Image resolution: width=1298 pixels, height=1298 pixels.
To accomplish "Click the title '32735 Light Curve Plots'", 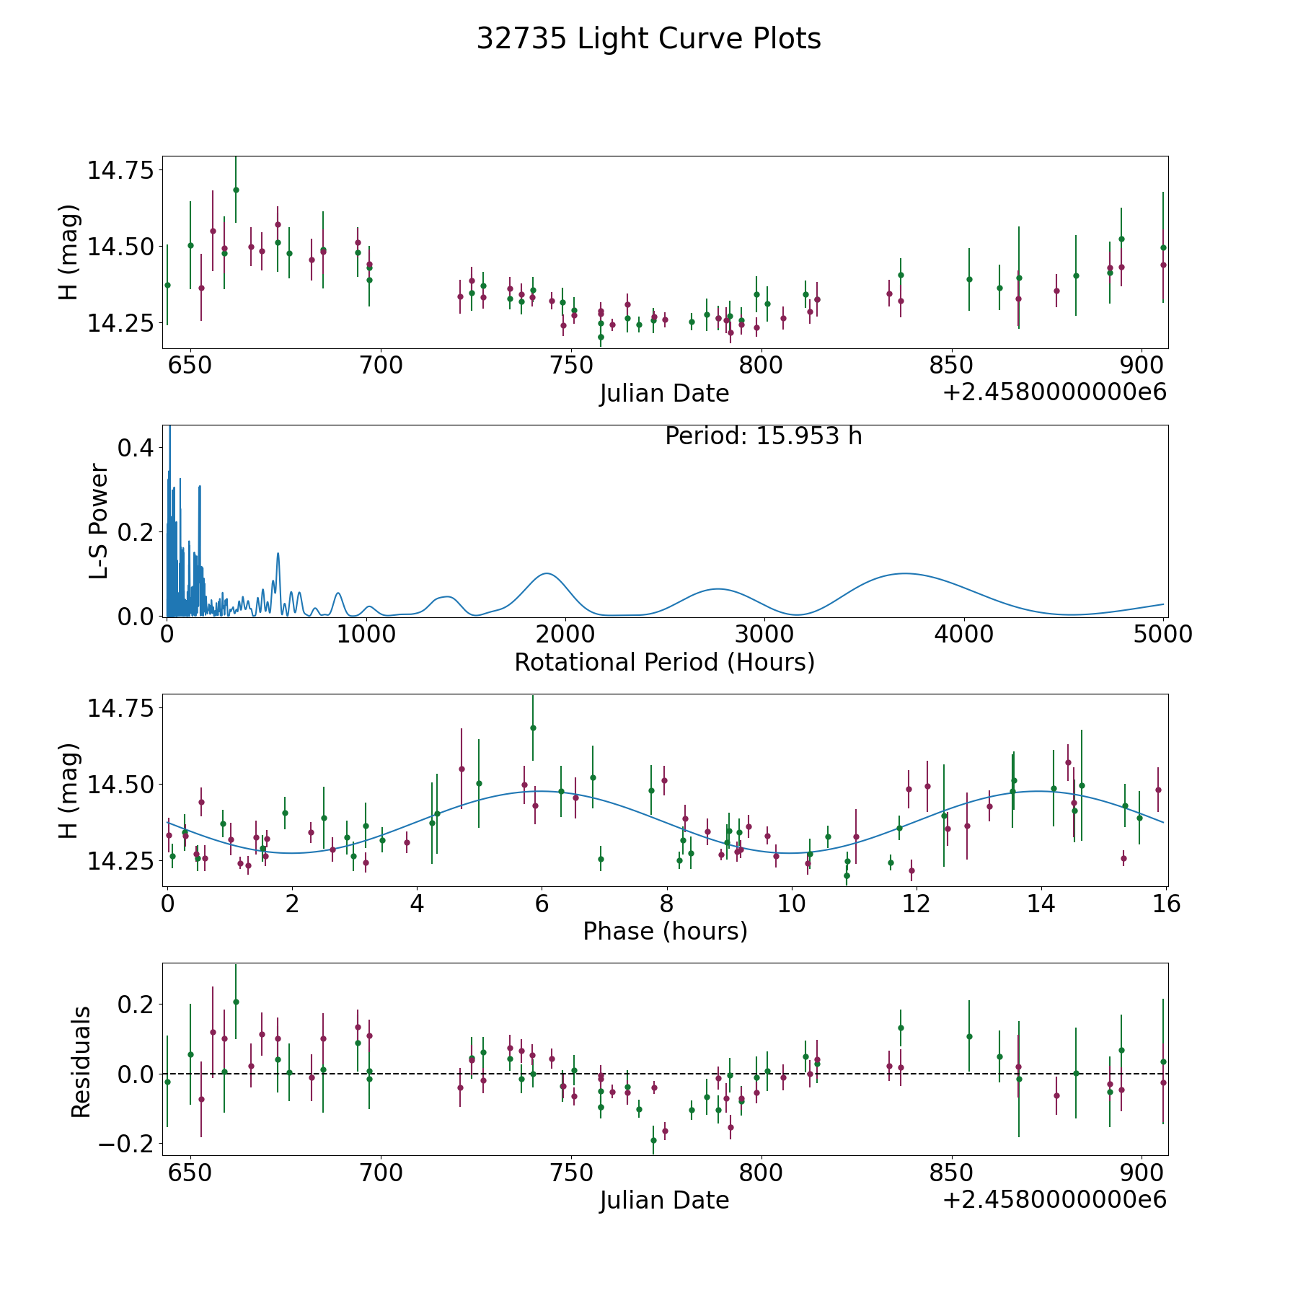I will point(648,39).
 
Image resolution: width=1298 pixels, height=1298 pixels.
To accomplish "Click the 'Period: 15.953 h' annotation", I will point(763,436).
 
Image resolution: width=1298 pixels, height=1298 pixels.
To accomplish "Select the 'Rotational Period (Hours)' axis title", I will point(664,662).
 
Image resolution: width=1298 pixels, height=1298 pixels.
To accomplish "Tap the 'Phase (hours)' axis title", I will point(664,931).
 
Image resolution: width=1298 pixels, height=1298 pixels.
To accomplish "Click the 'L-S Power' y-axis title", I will point(99,521).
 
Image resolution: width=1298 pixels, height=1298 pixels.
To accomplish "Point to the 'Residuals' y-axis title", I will point(81,1061).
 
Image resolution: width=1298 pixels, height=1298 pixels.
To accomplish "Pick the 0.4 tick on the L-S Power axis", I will point(136,448).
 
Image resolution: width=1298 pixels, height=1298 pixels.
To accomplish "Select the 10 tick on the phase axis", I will point(791,904).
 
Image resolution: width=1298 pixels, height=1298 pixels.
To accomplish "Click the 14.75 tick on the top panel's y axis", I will point(120,171).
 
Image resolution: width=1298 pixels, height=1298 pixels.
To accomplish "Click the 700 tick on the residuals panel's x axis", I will point(380,1173).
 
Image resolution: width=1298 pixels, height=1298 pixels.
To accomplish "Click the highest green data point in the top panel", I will point(236,190).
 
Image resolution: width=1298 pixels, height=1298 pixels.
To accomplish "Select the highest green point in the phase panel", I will point(533,728).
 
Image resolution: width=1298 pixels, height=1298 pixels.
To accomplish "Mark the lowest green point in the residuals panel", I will point(653,1140).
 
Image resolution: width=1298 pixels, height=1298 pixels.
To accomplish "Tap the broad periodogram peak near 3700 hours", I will point(903,573).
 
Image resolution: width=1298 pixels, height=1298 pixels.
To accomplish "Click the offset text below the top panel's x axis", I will point(1054,393).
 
